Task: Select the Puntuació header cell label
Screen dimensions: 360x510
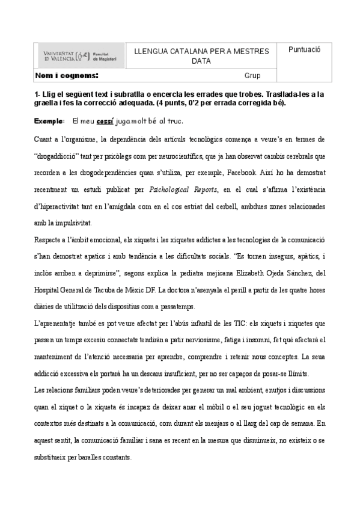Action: pos(305,50)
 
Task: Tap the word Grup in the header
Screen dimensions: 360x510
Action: pos(252,76)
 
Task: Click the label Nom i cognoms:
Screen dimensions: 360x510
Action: pos(67,76)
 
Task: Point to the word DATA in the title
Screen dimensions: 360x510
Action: pos(202,61)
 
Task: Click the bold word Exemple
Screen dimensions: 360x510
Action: pos(49,121)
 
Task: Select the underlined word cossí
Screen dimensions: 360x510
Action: pos(106,121)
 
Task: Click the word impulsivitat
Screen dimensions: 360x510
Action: pos(72,223)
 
